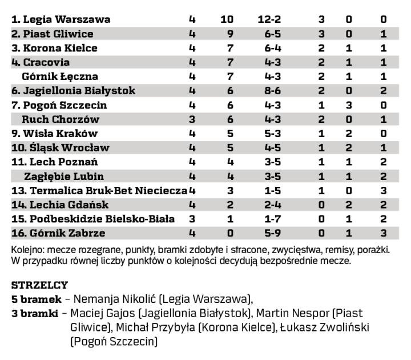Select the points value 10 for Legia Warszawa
[227, 19]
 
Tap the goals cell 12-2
[269, 19]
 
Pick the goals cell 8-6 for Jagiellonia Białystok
[269, 91]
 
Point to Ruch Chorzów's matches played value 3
[192, 119]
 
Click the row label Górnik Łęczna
[60, 77]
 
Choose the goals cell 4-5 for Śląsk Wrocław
[269, 148]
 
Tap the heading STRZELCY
[39, 285]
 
